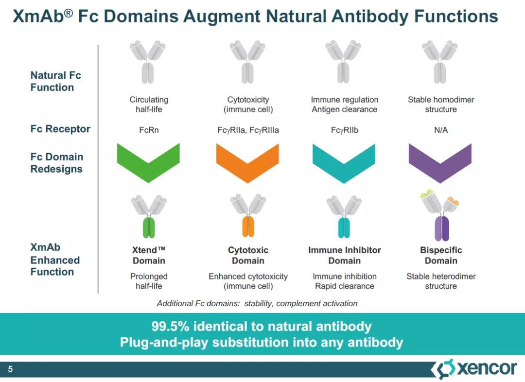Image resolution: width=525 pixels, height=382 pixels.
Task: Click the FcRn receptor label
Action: [149, 130]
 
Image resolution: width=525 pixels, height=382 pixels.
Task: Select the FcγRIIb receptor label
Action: [344, 130]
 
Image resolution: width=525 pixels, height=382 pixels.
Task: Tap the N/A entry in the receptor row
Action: [440, 130]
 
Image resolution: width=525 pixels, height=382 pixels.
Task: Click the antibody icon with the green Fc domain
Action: [149, 216]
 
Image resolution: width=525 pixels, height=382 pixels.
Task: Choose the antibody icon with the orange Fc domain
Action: [248, 216]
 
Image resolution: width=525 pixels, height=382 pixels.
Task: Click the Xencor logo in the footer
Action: [474, 369]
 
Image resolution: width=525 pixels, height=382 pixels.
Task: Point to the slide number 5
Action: [10, 370]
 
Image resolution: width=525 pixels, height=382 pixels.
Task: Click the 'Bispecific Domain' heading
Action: [441, 255]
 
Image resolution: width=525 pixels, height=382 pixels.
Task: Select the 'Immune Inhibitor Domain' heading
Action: [344, 255]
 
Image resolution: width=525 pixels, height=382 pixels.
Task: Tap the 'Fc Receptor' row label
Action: [60, 129]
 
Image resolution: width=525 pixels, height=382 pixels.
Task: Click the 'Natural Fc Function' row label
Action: [55, 81]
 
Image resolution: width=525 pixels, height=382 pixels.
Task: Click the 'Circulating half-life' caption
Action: [149, 104]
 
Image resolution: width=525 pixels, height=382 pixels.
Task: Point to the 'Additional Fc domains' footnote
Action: [257, 303]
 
